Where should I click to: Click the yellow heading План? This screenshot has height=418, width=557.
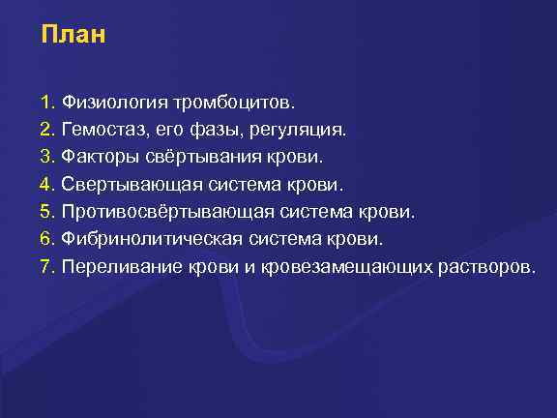(73, 37)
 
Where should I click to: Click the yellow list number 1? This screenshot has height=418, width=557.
(46, 101)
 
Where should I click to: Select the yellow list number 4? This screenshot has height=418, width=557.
(46, 183)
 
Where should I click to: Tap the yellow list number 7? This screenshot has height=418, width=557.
(46, 266)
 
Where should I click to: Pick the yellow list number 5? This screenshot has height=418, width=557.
(46, 211)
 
